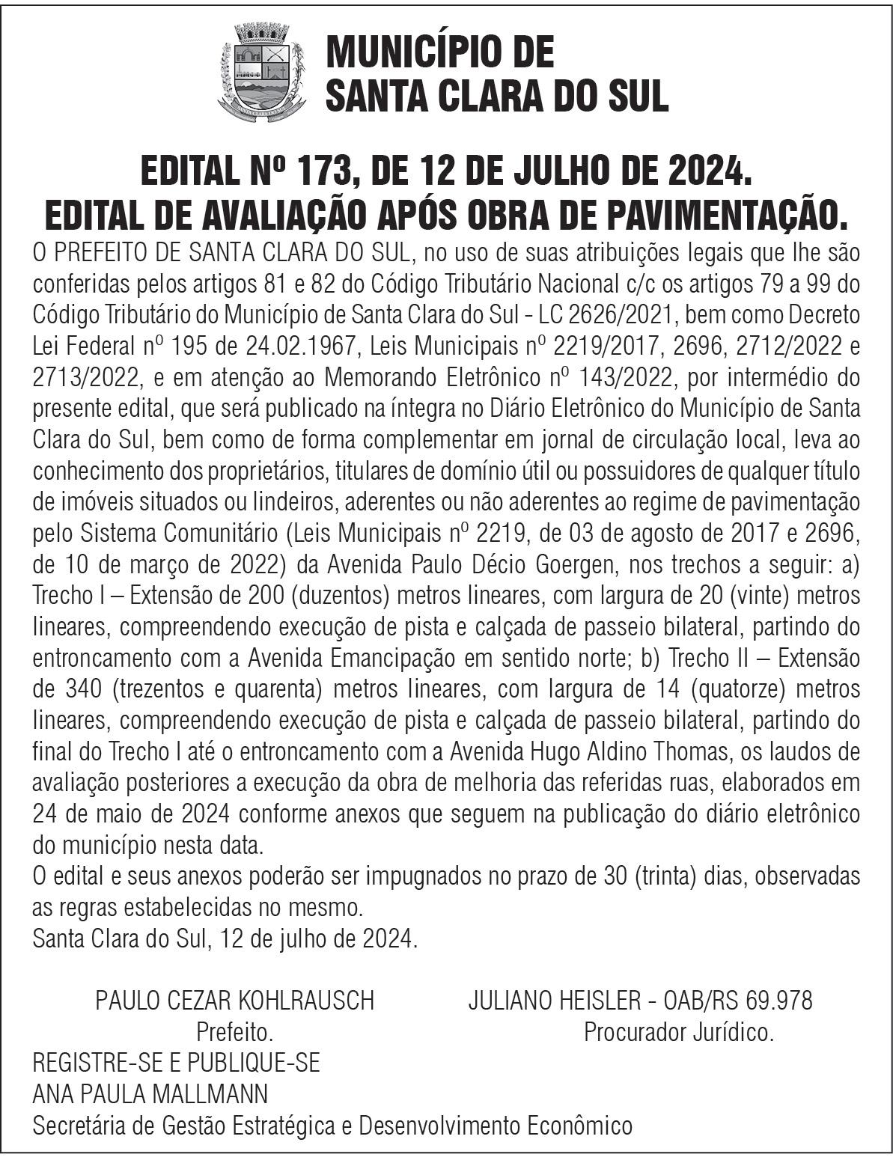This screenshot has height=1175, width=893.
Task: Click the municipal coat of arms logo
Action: (x=263, y=72)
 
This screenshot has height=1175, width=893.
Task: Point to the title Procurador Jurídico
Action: (x=678, y=1033)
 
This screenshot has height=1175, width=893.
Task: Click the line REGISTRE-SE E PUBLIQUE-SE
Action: (x=177, y=1063)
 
